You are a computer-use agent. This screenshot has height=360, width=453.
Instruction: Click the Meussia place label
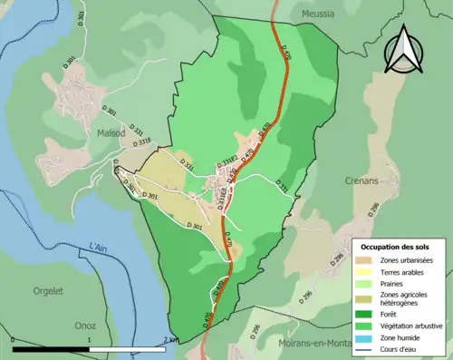(311, 12)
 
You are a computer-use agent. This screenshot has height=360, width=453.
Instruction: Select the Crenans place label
(361, 180)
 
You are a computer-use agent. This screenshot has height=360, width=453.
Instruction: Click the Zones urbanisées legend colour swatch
(367, 260)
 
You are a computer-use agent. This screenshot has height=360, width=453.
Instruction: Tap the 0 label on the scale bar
(14, 339)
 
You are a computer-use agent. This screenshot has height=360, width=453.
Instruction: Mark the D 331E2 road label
(226, 161)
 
